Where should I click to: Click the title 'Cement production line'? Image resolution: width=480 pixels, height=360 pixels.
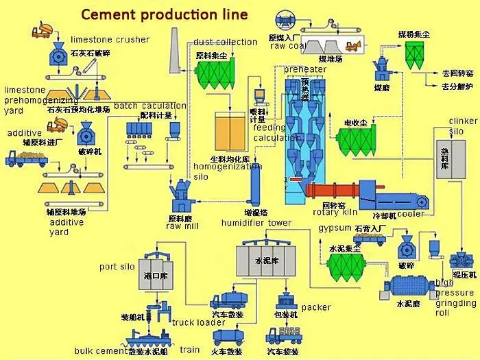tap(165, 14)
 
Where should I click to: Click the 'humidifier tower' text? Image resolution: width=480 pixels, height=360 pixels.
tap(256, 223)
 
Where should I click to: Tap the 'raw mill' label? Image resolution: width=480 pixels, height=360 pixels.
tap(182, 226)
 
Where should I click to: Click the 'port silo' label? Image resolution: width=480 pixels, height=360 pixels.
tap(117, 267)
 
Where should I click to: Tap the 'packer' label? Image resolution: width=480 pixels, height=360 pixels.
tap(315, 308)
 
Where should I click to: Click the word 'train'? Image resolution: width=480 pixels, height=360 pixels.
tap(190, 350)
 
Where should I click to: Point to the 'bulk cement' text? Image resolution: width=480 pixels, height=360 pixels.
tap(101, 351)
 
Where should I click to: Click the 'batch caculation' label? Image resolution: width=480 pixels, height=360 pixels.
tap(149, 106)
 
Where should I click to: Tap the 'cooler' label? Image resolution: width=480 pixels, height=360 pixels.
tap(411, 214)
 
